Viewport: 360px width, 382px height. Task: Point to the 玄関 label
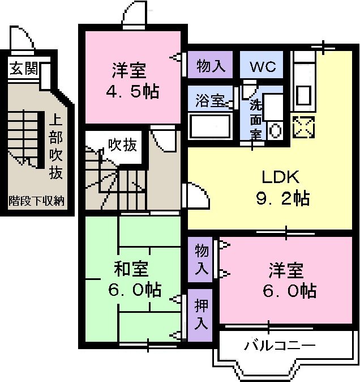pyautogui.click(x=23, y=69)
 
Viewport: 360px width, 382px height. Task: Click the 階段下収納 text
pyautogui.click(x=36, y=201)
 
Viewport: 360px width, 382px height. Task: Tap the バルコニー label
pyautogui.click(x=279, y=345)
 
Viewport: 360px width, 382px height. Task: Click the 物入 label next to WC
pyautogui.click(x=211, y=66)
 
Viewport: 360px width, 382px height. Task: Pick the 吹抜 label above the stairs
pyautogui.click(x=122, y=145)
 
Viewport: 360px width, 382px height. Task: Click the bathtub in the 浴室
pyautogui.click(x=209, y=125)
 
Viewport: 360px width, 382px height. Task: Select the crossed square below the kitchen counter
pyautogui.click(x=303, y=126)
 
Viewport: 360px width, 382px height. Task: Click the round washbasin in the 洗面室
pyautogui.click(x=275, y=130)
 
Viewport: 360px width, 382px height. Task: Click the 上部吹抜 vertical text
pyautogui.click(x=55, y=147)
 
